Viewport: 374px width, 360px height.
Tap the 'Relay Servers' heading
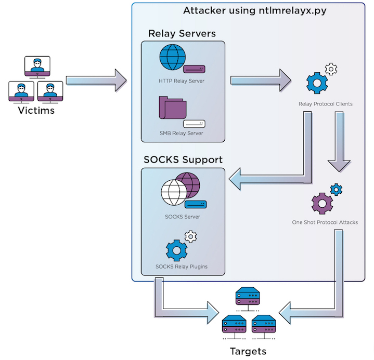click(182, 34)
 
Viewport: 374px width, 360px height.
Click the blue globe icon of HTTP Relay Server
click(173, 58)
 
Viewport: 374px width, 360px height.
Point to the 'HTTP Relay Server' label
click(182, 82)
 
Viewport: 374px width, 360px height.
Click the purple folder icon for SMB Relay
click(172, 109)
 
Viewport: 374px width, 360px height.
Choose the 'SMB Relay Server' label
click(182, 134)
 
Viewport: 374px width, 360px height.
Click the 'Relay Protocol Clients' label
click(325, 104)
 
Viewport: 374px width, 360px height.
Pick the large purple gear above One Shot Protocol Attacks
click(322, 202)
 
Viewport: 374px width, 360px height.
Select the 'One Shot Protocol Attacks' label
click(325, 222)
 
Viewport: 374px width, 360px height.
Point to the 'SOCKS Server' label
click(182, 216)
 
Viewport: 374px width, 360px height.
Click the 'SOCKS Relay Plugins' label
click(182, 266)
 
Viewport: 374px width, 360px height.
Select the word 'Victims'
click(36, 110)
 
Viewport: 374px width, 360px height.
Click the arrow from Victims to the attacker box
click(96, 81)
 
